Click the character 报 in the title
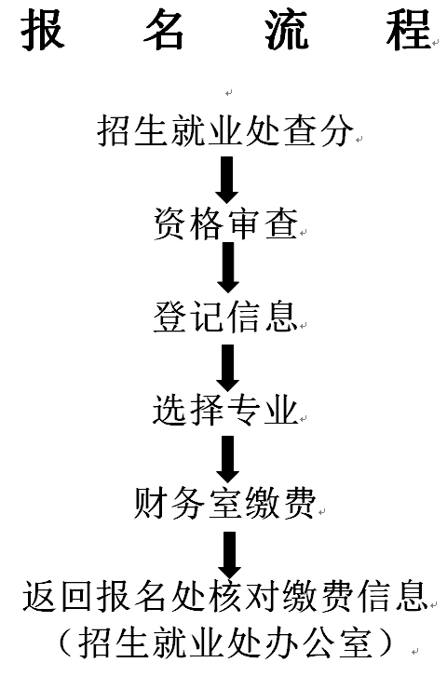point(43,30)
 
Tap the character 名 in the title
point(164,30)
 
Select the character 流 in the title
point(287,30)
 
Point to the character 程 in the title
point(408,30)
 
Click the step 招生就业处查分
point(225,130)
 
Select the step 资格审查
point(226,224)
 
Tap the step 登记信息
point(226,317)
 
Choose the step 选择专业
point(225,410)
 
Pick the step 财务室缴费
point(224,503)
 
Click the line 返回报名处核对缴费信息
point(225,596)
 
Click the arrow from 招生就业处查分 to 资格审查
point(226,180)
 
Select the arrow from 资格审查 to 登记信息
point(228,267)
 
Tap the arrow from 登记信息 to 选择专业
point(227,368)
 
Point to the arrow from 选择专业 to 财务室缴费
point(227,459)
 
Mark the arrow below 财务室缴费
point(229,555)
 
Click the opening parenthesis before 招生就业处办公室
point(68,643)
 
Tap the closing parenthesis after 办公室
point(385,643)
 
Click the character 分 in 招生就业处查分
point(337,130)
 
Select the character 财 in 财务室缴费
point(150,503)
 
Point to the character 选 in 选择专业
point(169,410)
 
